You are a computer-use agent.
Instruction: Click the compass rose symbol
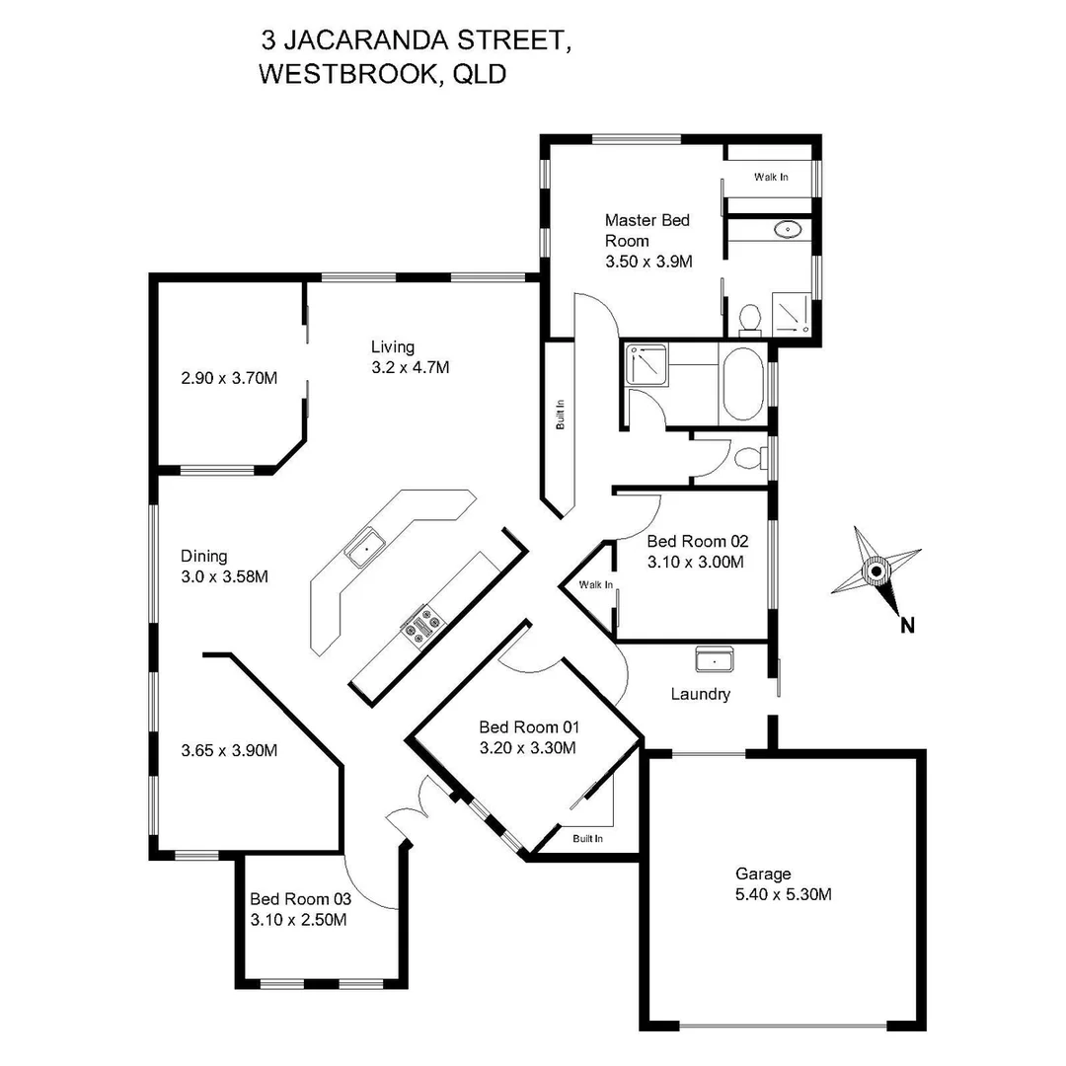pos(876,571)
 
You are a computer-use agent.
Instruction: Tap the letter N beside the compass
pos(907,624)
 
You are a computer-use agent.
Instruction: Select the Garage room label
pos(763,874)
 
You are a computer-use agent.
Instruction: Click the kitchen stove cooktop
pos(422,626)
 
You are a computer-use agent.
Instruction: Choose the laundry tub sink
pos(713,658)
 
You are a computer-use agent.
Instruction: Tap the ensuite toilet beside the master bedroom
pos(749,318)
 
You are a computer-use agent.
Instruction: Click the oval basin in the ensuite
pos(788,231)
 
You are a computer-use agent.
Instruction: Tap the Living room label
pos(393,346)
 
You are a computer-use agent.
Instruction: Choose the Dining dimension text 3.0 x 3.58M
pos(224,576)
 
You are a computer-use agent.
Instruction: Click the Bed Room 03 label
pos(299,899)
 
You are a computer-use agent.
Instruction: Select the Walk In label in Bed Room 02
pos(596,585)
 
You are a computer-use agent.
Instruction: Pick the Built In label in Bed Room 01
pos(588,838)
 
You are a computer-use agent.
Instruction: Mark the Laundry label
pos(701,694)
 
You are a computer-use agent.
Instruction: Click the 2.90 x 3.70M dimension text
pos(229,377)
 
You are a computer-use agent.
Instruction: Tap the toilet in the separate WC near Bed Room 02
pos(749,456)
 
